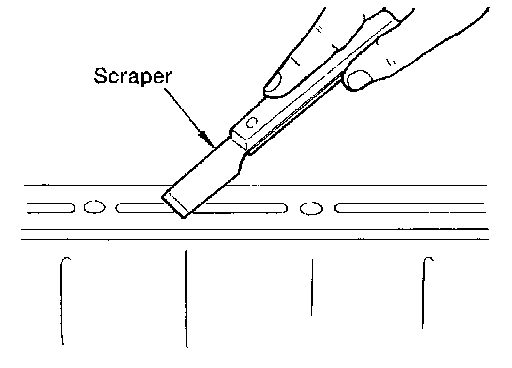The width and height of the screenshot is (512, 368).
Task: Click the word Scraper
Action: tap(133, 76)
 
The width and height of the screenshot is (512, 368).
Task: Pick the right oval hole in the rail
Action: tap(311, 209)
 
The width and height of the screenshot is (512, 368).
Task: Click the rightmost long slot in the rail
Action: tap(410, 208)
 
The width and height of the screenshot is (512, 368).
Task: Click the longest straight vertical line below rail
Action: tap(186, 299)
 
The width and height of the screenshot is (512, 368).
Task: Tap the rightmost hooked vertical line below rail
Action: tap(424, 293)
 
